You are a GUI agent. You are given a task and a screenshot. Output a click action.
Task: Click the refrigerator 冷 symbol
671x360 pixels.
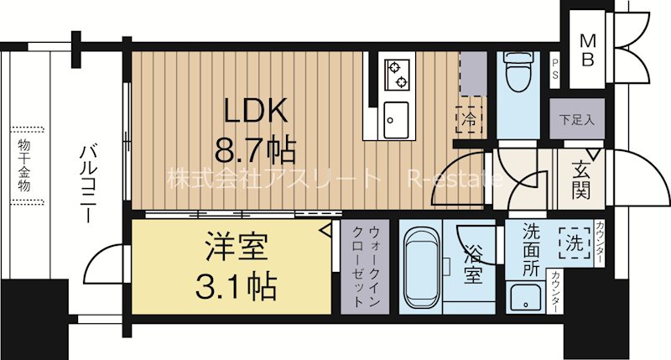pos(469,119)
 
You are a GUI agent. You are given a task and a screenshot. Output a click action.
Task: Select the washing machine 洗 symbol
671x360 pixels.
pos(573,243)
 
